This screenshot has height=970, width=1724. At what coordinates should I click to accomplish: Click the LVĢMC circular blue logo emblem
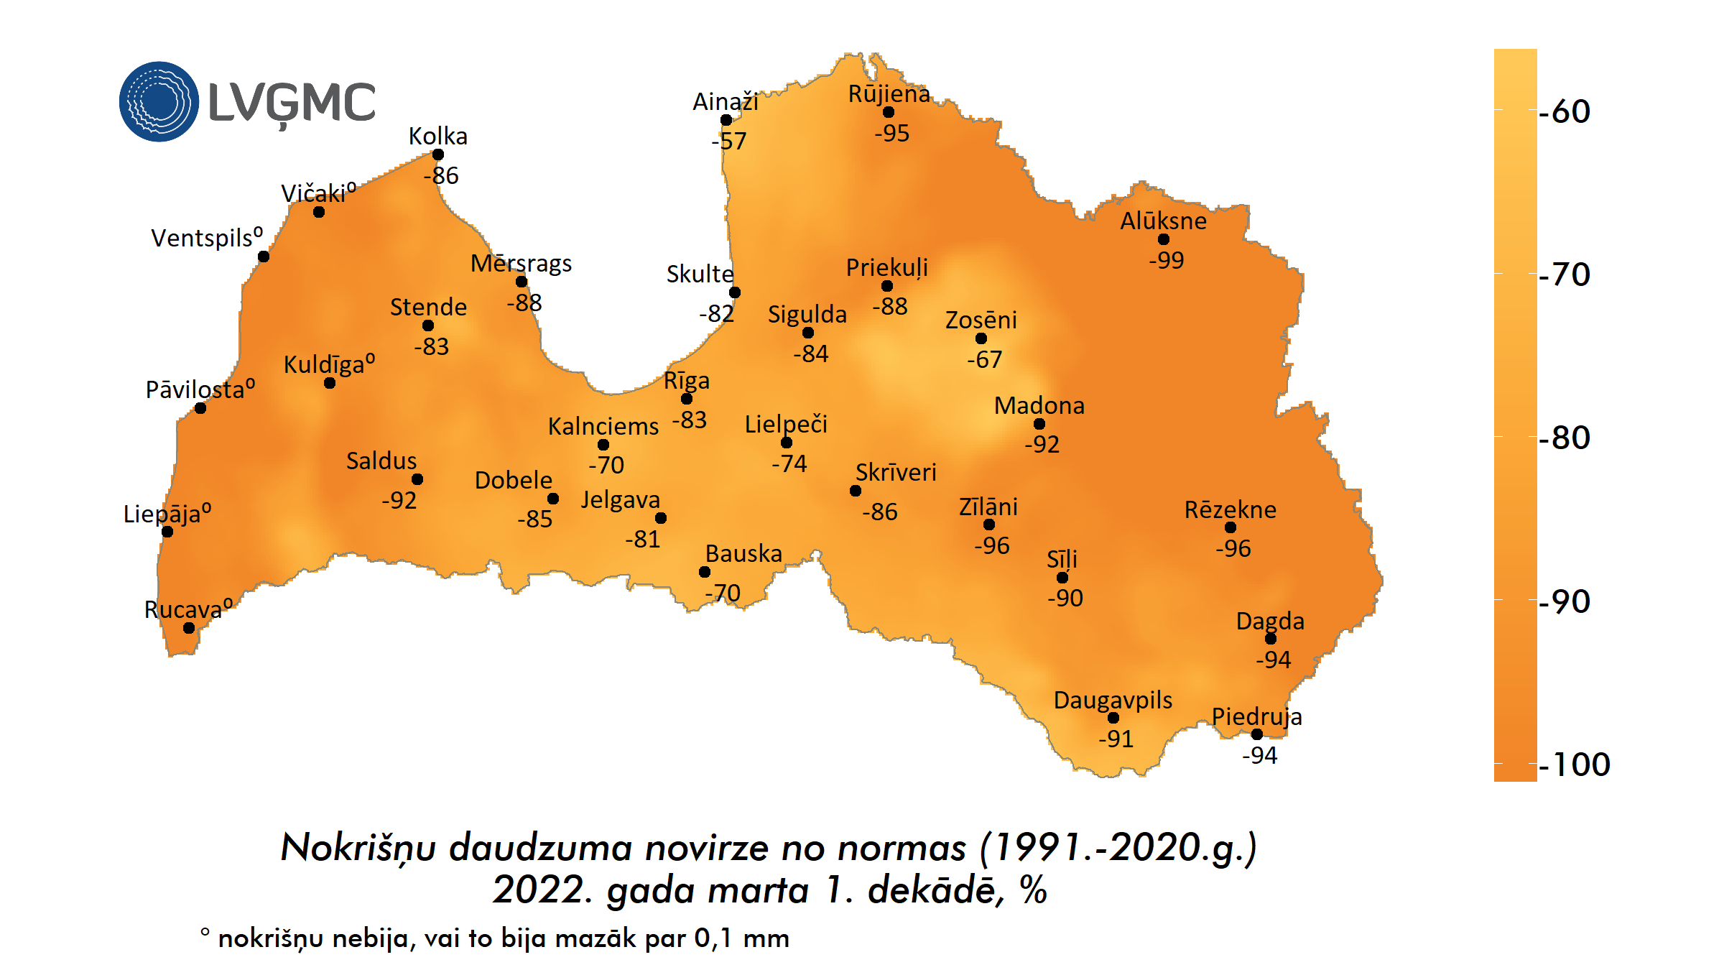tap(159, 101)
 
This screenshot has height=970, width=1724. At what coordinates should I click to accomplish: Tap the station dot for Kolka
tap(438, 154)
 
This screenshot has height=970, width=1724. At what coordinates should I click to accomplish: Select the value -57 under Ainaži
tap(729, 141)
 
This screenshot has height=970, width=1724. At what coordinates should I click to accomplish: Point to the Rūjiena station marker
tap(889, 112)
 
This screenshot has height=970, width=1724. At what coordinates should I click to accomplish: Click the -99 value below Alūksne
tap(1166, 260)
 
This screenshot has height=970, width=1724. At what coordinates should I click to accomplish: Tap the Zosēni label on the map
tap(981, 320)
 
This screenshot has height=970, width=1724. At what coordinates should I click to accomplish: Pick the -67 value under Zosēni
tap(984, 359)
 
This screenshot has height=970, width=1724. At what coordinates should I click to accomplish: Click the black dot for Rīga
tap(687, 399)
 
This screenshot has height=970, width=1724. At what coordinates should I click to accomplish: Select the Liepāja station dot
tap(167, 532)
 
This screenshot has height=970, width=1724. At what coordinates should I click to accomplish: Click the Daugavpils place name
tap(1113, 700)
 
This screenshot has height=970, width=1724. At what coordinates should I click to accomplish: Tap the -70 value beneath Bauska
tap(723, 593)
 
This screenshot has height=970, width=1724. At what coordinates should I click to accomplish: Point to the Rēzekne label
tap(1230, 509)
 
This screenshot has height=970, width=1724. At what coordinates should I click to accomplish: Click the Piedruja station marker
tap(1257, 734)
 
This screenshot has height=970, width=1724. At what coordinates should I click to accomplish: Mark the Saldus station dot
tap(417, 479)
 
